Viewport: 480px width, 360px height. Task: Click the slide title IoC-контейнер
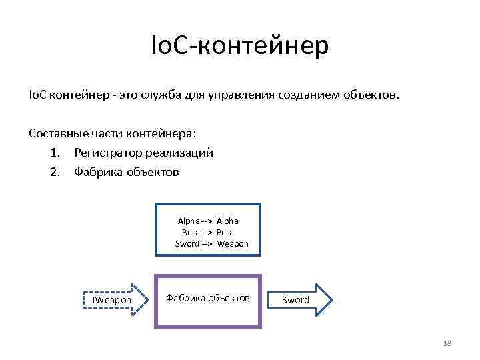click(x=240, y=47)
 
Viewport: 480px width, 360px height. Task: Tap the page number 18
click(x=447, y=343)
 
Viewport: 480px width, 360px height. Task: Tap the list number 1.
click(x=54, y=153)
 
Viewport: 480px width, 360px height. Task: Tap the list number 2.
click(x=54, y=172)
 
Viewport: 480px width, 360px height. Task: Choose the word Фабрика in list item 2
click(x=96, y=172)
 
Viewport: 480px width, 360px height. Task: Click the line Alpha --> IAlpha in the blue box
click(x=208, y=221)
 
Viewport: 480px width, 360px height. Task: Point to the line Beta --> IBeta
click(x=208, y=232)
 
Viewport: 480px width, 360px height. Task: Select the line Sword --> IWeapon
click(x=211, y=244)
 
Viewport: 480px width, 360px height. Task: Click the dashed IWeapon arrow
click(x=113, y=300)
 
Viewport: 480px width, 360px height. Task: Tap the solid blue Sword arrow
click(x=299, y=300)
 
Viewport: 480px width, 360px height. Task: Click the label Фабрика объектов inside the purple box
click(x=207, y=297)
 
